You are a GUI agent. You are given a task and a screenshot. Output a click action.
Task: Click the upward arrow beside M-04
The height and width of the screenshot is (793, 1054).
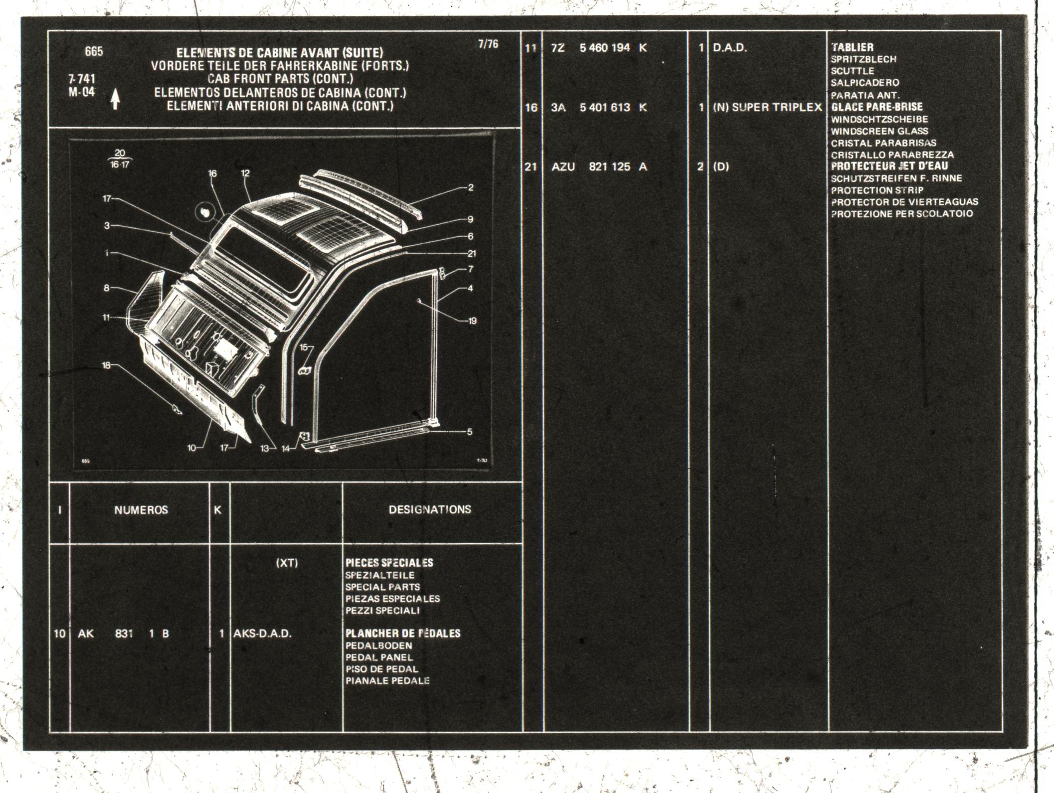115,99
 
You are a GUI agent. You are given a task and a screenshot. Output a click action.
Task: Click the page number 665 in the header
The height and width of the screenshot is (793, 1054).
94,52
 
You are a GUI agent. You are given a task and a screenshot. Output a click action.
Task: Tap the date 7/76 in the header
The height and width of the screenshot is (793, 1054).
488,44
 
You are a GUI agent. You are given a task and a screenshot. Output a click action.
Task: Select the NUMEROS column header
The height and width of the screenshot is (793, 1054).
141,510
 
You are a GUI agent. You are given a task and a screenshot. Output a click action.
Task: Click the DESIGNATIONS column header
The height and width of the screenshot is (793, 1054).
430,509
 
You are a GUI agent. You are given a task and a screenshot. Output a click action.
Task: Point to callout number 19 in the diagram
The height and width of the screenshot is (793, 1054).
472,321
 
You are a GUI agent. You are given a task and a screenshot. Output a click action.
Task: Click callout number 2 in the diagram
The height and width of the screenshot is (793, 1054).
471,187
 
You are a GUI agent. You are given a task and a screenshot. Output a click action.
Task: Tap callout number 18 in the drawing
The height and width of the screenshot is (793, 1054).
106,365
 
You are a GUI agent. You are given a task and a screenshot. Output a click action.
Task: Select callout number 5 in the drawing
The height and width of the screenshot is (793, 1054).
470,432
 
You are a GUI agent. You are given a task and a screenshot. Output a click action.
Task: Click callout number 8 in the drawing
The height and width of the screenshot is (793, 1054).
106,288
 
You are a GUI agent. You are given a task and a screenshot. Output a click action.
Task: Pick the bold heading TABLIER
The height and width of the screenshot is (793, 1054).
852,47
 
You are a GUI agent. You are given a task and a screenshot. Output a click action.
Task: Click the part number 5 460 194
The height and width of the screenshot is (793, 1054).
605,48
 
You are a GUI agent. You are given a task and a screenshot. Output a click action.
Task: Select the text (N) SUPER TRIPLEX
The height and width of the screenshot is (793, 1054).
767,107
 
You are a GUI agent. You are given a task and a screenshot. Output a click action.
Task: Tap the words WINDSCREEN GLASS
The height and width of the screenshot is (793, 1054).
879,131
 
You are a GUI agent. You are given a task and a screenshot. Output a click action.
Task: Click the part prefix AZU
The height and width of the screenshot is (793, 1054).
563,166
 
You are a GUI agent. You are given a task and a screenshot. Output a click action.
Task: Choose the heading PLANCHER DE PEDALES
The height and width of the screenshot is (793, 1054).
403,634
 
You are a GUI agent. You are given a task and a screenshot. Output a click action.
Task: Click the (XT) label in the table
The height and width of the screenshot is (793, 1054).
287,563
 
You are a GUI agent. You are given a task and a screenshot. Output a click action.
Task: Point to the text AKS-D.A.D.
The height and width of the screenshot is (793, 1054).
262,634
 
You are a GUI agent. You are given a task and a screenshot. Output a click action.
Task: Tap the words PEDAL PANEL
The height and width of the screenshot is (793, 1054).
379,657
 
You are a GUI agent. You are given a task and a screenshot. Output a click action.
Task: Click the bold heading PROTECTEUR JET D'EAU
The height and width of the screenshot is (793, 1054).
889,166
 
